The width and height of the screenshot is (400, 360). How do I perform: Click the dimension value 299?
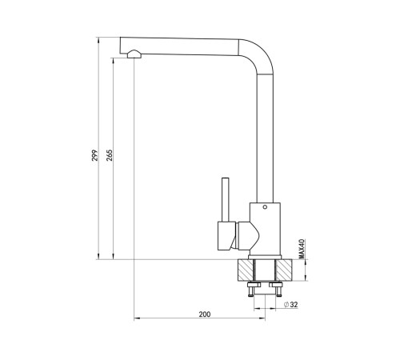[95, 155]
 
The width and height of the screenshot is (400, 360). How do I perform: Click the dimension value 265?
[110, 155]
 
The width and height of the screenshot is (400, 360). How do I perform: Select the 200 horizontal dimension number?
[205, 314]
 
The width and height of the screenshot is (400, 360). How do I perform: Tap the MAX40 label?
[302, 249]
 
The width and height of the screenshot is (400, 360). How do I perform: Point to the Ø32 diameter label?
[290, 305]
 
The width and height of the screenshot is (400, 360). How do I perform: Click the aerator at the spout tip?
[134, 54]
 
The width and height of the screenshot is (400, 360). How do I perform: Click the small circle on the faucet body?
[265, 207]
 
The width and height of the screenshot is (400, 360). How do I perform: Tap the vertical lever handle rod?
[226, 199]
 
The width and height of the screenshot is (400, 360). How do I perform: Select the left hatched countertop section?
[246, 270]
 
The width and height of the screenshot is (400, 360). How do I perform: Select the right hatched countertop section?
[284, 270]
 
